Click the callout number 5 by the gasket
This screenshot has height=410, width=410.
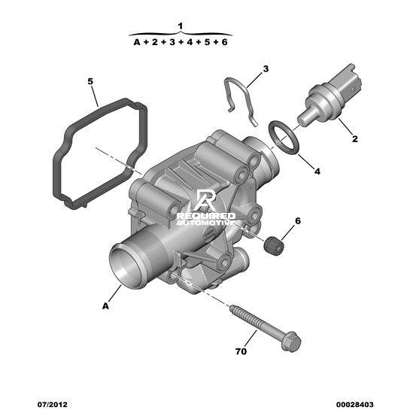point(90,81)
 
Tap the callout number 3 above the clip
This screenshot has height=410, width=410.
point(266,69)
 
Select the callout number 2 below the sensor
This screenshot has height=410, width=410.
point(354,139)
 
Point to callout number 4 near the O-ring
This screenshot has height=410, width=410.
point(317,172)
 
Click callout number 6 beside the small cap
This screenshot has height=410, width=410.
point(298,221)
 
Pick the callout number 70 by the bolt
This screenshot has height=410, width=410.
point(241,351)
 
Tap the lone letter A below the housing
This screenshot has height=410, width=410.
point(105,306)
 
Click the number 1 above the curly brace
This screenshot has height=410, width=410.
point(180,26)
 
